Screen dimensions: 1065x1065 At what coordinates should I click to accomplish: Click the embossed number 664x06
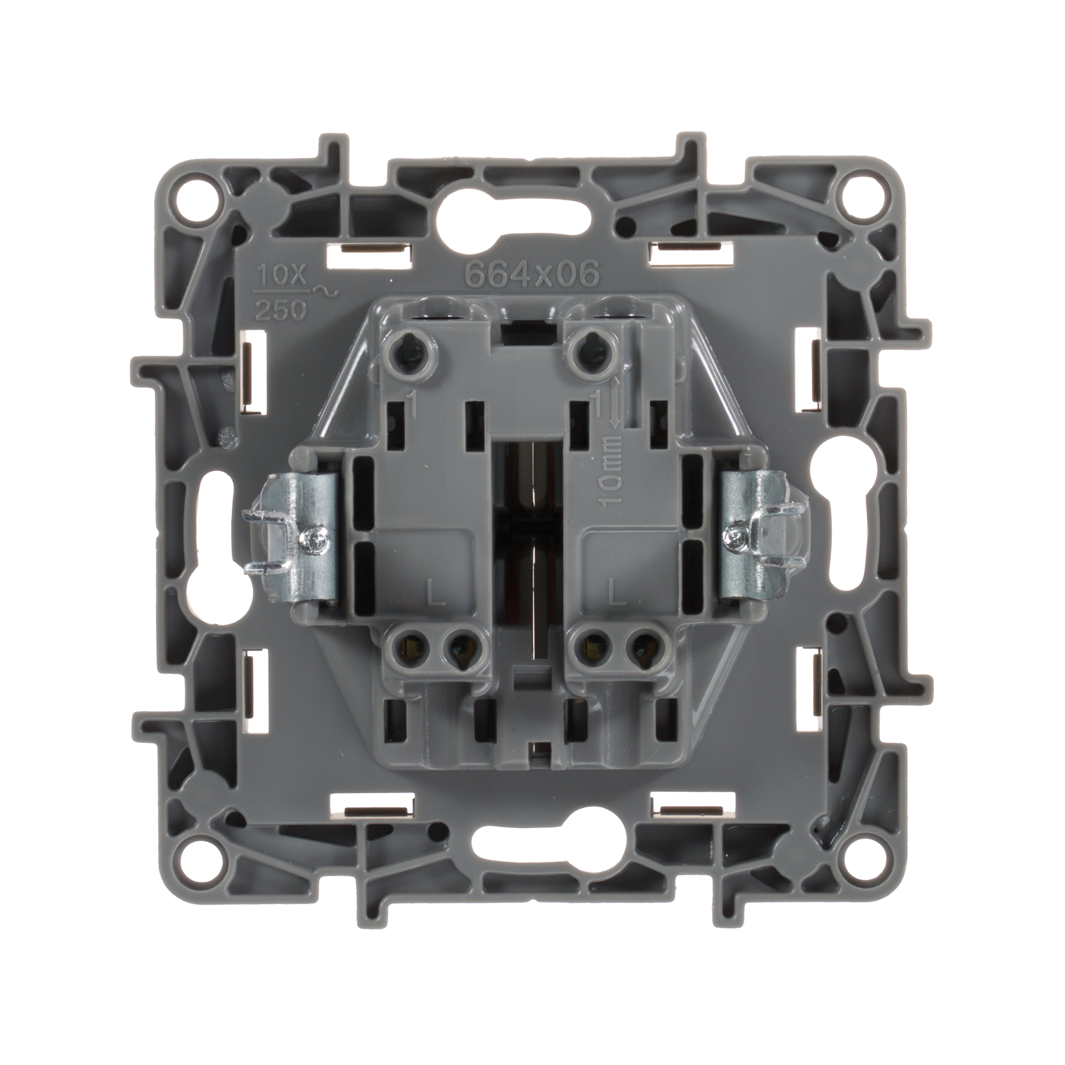click(532, 274)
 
